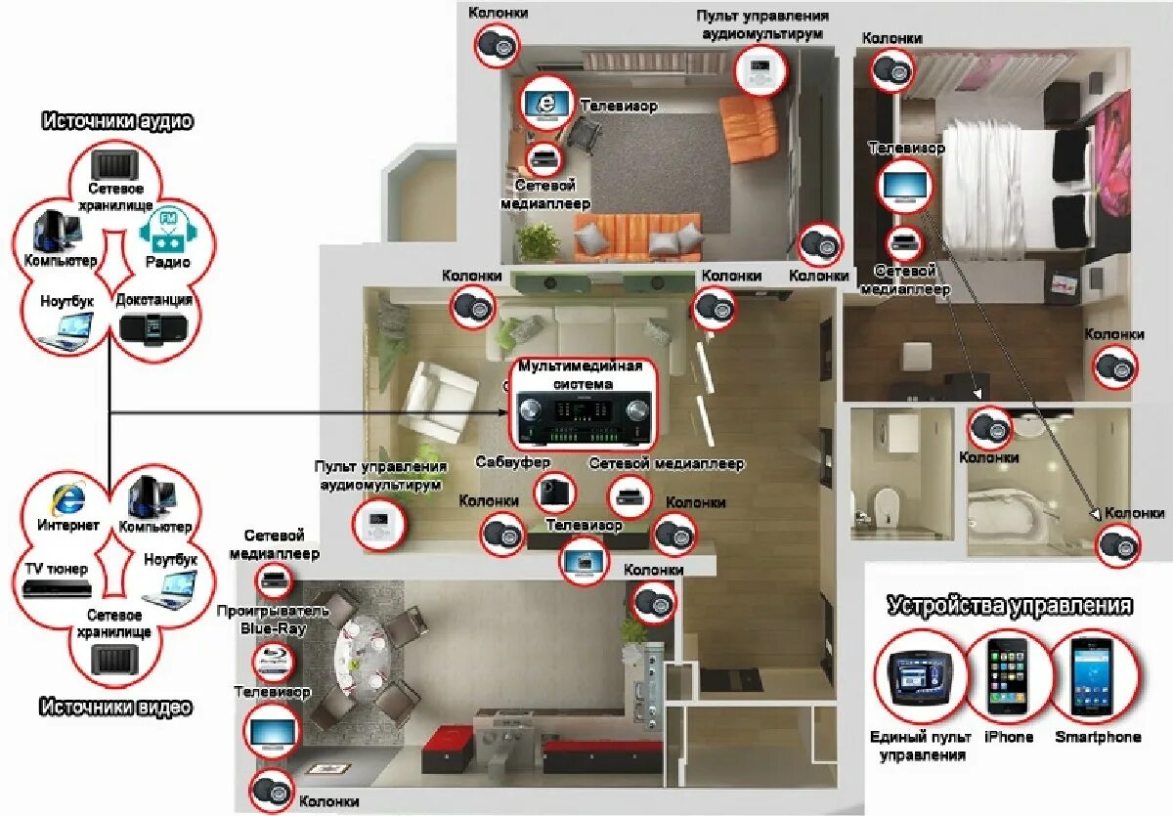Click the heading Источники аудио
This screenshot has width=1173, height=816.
point(116,121)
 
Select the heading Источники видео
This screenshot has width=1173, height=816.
point(116,707)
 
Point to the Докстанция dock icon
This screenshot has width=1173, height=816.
point(154,327)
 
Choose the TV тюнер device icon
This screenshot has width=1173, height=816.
point(57,588)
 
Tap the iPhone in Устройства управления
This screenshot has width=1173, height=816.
point(1008,675)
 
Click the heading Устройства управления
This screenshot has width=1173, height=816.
point(1010,606)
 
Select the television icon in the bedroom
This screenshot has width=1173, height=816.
point(905,185)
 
